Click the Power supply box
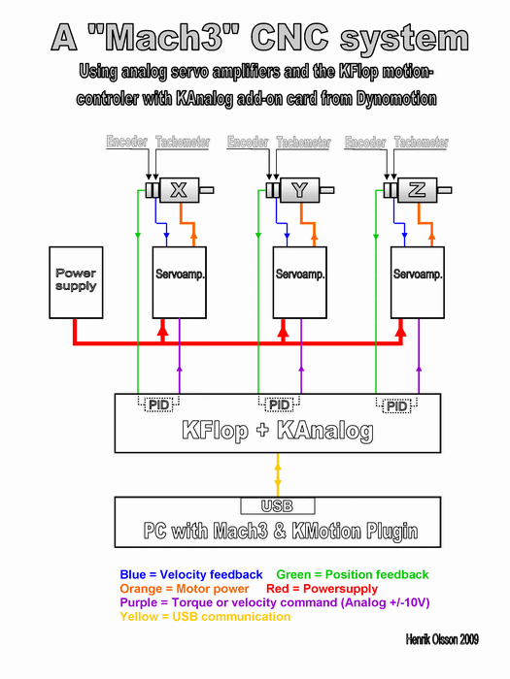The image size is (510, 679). [x=76, y=282]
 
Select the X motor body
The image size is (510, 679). [x=179, y=190]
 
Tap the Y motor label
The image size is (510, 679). [x=299, y=190]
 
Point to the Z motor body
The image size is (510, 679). [x=417, y=190]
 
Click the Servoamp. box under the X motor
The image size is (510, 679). [x=179, y=282]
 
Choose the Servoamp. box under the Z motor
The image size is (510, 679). [x=418, y=282]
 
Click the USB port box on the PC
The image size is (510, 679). [x=278, y=505]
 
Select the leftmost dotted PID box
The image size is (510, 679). [x=158, y=404]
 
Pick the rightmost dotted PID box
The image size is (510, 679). [x=396, y=405]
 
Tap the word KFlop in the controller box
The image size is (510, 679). [x=216, y=430]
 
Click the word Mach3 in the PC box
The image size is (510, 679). [x=241, y=531]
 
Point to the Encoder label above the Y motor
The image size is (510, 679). [x=248, y=142]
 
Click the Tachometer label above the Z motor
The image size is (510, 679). [x=421, y=142]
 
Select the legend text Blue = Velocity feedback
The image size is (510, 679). [x=191, y=574]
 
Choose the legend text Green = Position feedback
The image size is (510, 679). [x=353, y=574]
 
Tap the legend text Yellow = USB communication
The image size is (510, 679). [x=205, y=616]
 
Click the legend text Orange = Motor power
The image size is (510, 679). [x=185, y=589]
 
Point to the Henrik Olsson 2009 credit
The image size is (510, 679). [x=442, y=639]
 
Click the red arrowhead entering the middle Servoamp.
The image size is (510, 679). [x=284, y=332]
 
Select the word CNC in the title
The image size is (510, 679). [x=289, y=38]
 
